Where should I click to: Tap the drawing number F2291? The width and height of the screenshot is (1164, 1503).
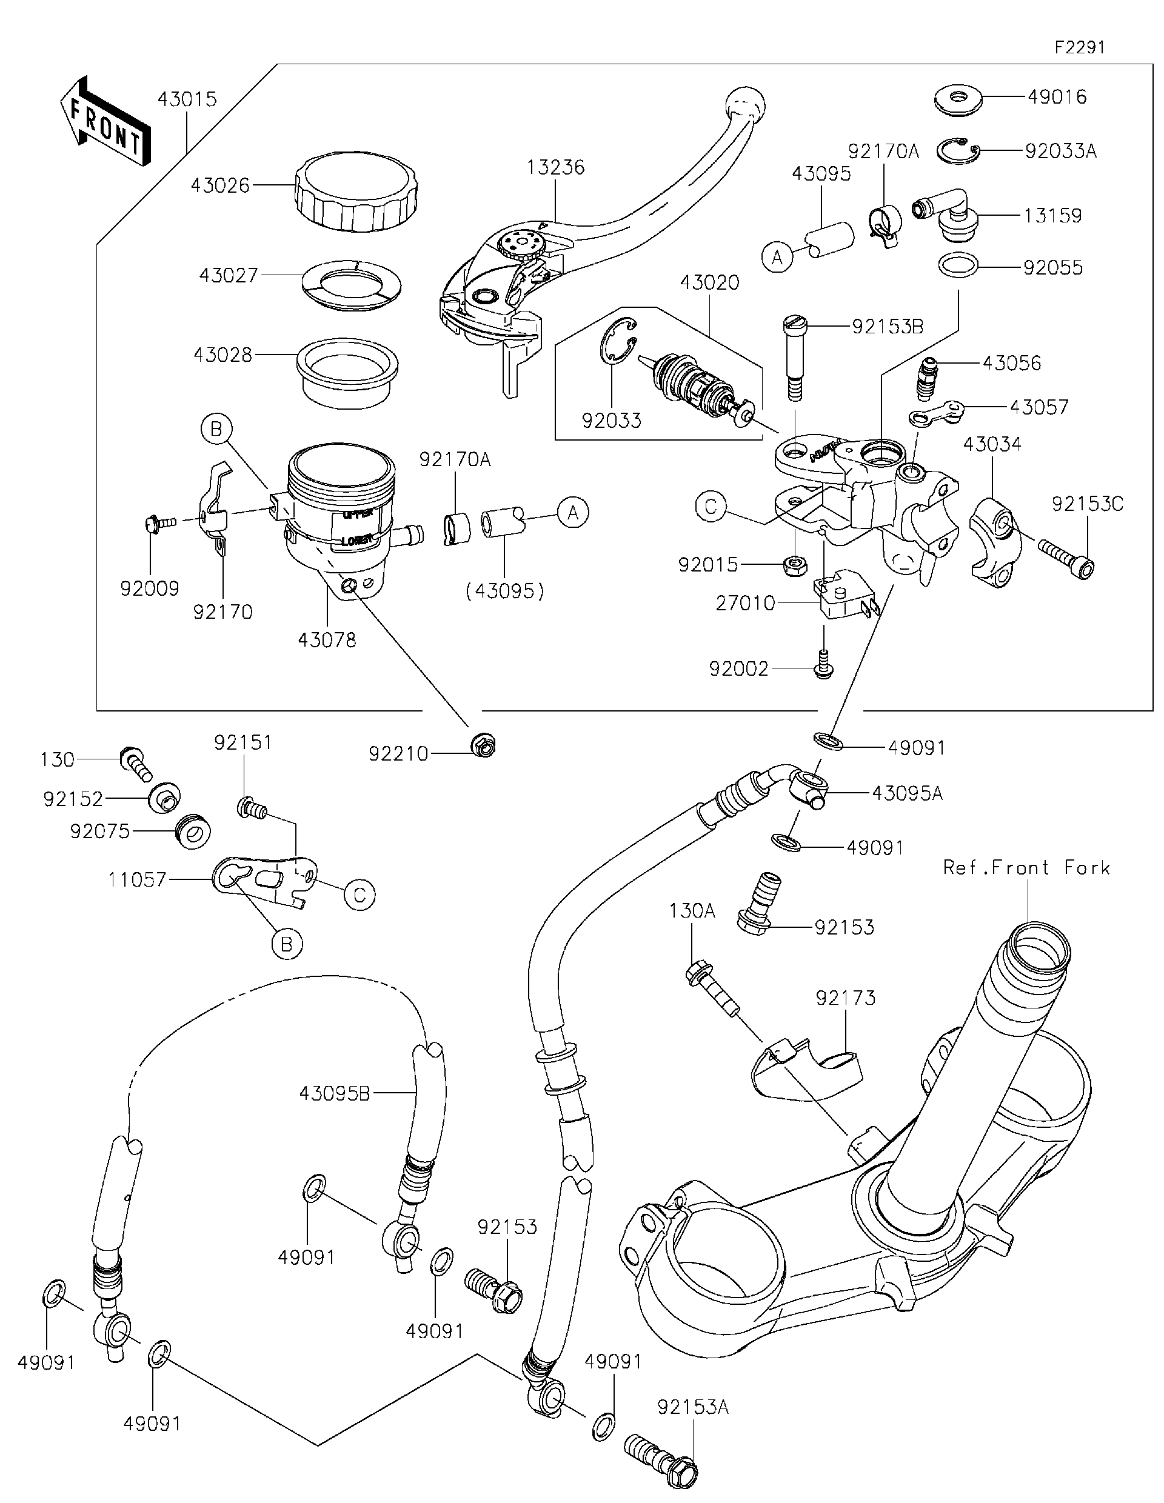(x=1079, y=47)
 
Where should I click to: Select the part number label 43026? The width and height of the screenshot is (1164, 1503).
(x=219, y=186)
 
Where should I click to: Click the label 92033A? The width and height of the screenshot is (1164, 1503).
(x=1060, y=152)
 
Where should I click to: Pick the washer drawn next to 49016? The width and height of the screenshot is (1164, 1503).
(x=958, y=98)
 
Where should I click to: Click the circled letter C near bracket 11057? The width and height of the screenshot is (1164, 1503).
(x=360, y=895)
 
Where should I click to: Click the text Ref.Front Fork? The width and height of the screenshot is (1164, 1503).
(x=1026, y=868)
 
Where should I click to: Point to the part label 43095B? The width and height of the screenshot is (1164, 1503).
(x=335, y=1093)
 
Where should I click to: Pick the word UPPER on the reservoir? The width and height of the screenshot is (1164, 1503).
(x=357, y=513)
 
